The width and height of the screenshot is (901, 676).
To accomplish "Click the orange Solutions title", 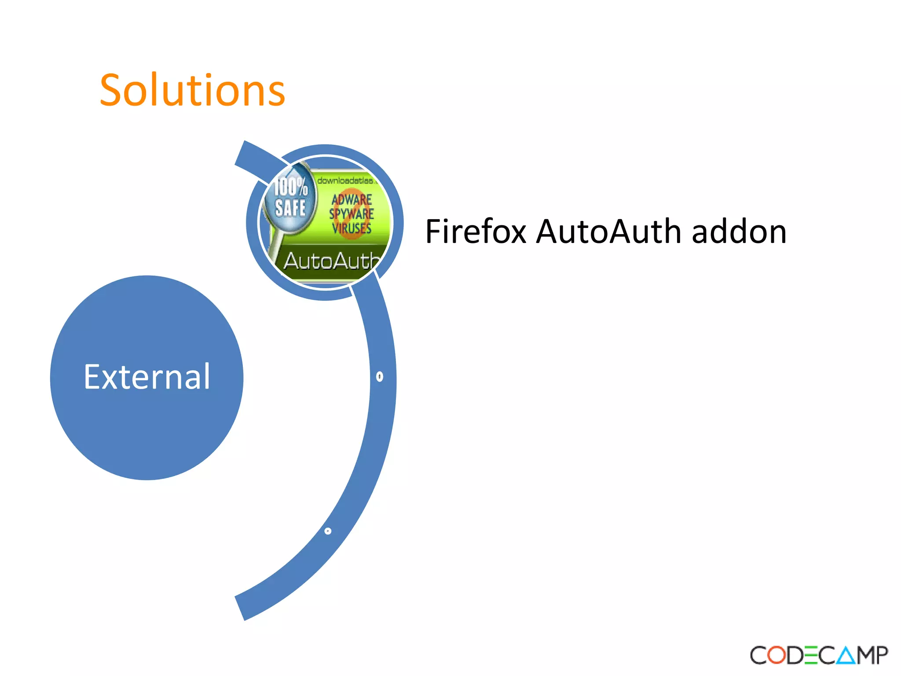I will [192, 90].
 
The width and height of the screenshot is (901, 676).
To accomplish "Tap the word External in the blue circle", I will [147, 377].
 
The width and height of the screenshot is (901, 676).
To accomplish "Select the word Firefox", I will [476, 231].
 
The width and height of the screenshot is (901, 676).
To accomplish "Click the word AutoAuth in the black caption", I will [608, 231].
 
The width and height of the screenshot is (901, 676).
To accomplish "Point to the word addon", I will [739, 231].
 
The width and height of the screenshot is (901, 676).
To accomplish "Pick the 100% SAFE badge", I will [290, 198].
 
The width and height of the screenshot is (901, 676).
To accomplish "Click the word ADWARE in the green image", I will [352, 199].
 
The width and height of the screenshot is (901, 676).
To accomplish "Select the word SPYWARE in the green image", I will [352, 214].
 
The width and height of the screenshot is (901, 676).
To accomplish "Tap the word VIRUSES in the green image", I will [352, 228].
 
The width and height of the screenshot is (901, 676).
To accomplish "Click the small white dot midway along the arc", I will [380, 376].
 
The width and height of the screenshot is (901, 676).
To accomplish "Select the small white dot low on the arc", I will [328, 531].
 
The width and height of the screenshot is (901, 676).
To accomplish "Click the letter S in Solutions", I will [114, 90].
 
